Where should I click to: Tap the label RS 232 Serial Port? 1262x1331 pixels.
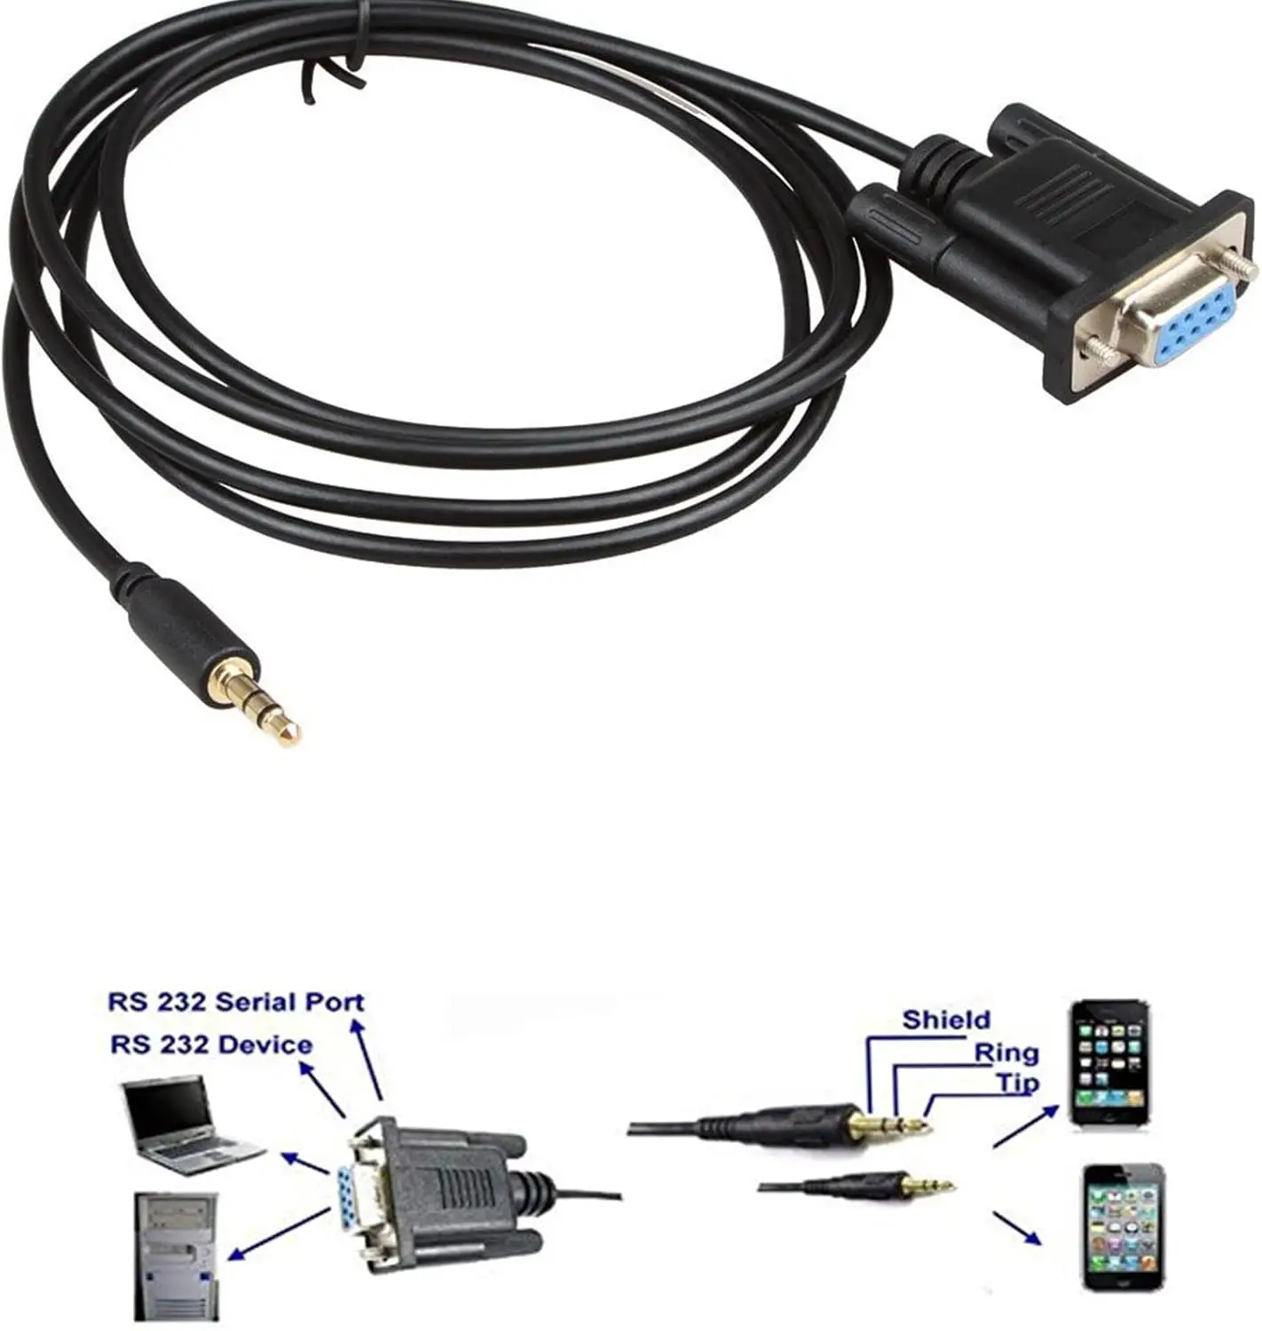(236, 1003)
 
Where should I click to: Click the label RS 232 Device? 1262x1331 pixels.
(211, 1045)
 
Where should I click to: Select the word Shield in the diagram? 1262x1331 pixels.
(946, 1020)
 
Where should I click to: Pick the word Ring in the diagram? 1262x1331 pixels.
(1006, 1053)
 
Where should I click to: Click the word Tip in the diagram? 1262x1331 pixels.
(1017, 1083)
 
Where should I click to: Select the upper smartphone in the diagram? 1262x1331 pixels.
(1109, 1063)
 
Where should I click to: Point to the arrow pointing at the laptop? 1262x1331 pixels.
(305, 1165)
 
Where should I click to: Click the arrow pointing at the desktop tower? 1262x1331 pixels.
(279, 1235)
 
